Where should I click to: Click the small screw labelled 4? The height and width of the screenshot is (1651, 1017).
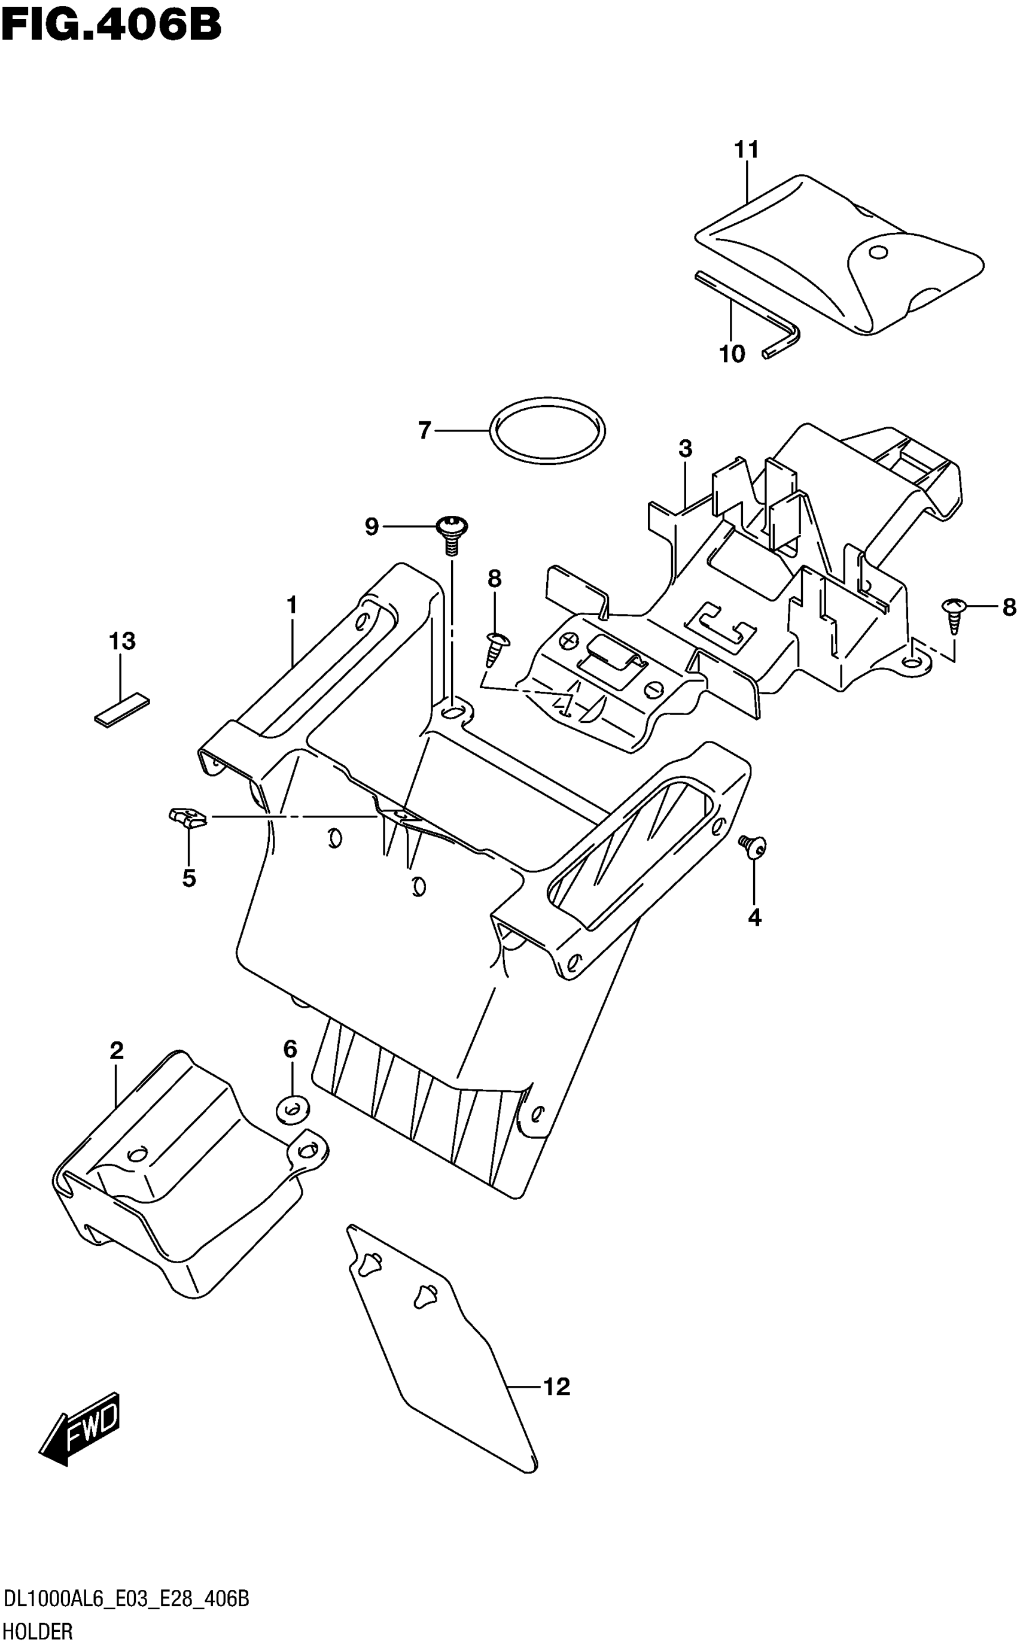753,845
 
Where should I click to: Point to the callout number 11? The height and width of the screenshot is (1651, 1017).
747,150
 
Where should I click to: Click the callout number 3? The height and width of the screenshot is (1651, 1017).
685,449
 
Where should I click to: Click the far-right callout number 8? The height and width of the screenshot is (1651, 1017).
1008,607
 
